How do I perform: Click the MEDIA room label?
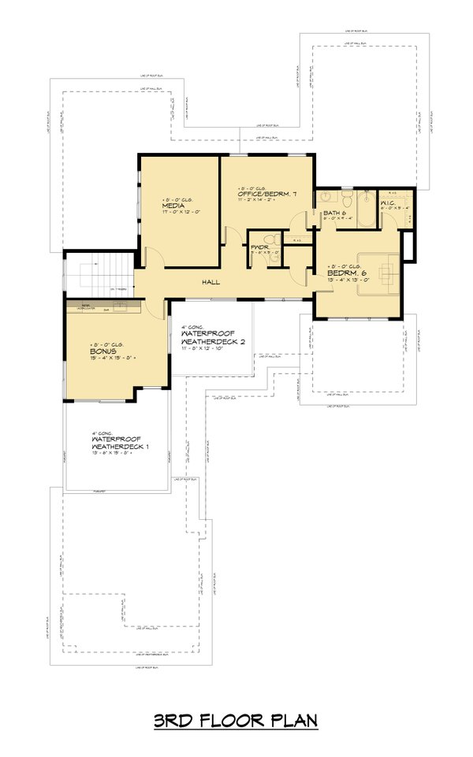174,206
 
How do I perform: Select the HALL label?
210,282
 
